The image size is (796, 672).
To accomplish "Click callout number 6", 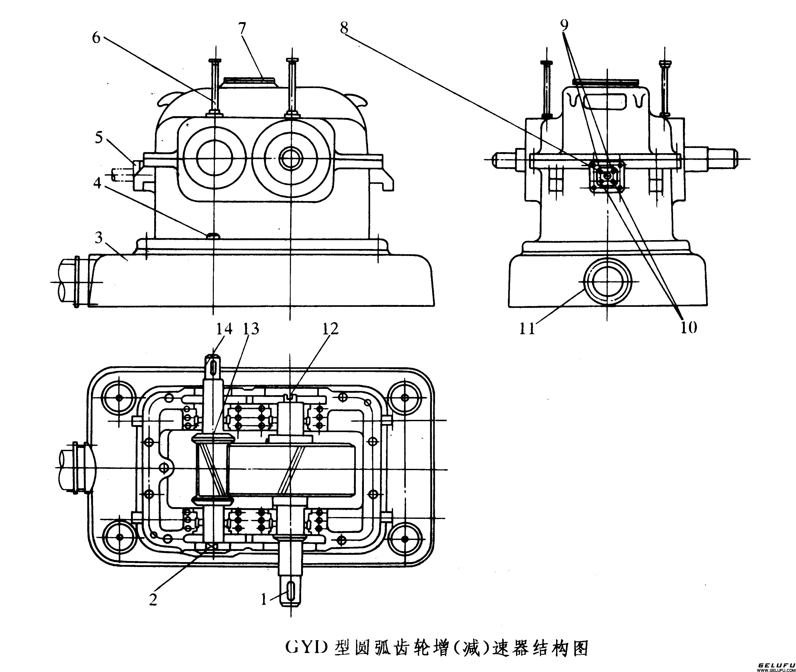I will [x=96, y=38].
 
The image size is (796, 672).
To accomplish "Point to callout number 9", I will [x=564, y=25].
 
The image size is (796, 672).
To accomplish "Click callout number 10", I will [x=688, y=327].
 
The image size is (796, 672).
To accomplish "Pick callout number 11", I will [x=527, y=328].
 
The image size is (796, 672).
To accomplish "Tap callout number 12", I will [x=330, y=328].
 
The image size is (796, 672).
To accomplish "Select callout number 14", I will [x=224, y=328].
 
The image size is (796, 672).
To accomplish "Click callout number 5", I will [x=99, y=138].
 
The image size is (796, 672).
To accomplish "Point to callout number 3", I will [x=99, y=238].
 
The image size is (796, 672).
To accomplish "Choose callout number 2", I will [x=153, y=600].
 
